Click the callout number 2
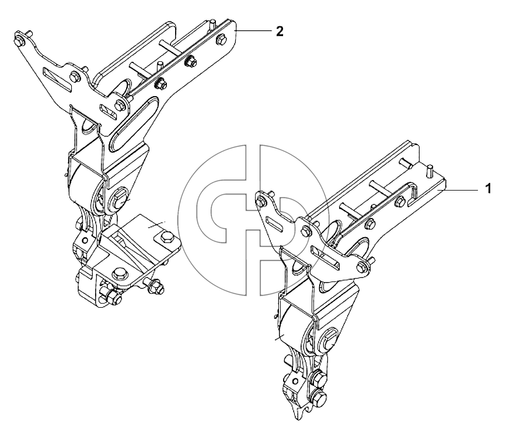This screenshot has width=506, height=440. point(280,31)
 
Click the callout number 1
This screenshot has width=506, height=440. point(488,188)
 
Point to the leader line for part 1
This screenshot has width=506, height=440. point(458,190)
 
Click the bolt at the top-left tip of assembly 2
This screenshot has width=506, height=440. point(19,41)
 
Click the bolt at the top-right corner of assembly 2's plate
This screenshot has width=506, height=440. point(221,39)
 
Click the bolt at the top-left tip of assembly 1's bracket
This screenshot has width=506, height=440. point(261,202)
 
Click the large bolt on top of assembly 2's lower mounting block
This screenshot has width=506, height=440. point(119,274)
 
